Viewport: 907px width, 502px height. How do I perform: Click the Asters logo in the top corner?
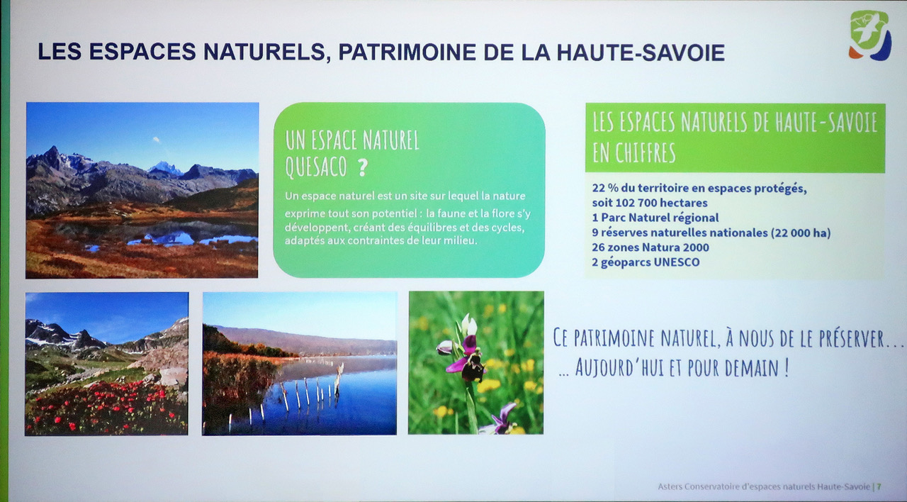tap(870, 35)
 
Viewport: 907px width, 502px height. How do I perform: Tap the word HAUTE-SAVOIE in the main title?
tap(640, 52)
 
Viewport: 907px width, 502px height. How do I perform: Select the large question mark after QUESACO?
tap(362, 167)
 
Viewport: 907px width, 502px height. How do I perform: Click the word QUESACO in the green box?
tap(316, 167)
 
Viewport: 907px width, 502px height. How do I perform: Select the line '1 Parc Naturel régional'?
tap(655, 218)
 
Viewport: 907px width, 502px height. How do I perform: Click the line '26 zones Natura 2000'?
tap(650, 247)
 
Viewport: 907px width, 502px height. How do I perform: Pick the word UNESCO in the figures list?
tap(677, 262)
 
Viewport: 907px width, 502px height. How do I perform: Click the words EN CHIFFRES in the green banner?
tap(634, 152)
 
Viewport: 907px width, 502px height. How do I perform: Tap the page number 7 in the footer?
tap(879, 486)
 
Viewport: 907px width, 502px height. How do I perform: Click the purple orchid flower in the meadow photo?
tap(466, 357)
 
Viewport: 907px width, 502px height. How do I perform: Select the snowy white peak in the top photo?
tap(165, 168)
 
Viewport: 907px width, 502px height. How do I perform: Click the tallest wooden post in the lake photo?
tap(338, 379)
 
